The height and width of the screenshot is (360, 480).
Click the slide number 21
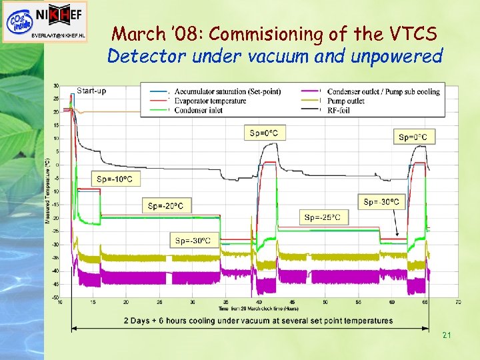[447, 335]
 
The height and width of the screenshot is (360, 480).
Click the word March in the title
[137, 33]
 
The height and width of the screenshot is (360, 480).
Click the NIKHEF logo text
[57, 13]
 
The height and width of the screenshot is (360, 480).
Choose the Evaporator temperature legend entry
[210, 101]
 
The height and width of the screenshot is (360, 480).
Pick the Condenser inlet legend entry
[198, 111]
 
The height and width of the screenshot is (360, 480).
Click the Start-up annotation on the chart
[91, 90]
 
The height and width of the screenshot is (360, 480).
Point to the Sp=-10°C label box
[119, 179]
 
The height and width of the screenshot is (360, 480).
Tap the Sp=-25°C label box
[323, 217]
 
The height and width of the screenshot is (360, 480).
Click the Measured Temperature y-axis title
[47, 190]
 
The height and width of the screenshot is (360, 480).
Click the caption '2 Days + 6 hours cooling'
[258, 321]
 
